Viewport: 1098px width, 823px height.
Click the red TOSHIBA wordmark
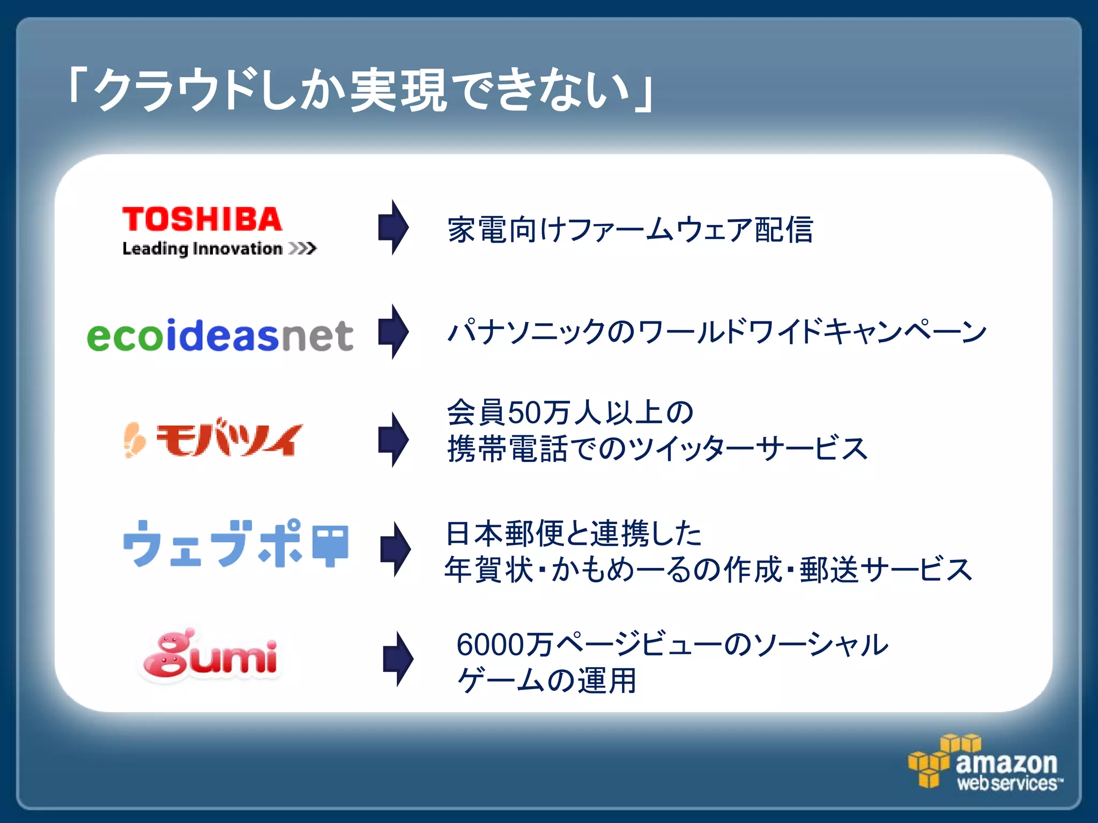click(x=202, y=220)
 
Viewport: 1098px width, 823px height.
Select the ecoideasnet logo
click(x=220, y=335)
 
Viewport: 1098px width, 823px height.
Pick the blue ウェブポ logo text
click(x=213, y=543)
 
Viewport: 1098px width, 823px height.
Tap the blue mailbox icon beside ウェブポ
click(x=330, y=544)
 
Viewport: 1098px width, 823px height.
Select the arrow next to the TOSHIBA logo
click(x=394, y=227)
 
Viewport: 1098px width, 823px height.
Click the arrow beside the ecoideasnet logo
click(x=394, y=332)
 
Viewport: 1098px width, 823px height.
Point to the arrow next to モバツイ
click(x=394, y=439)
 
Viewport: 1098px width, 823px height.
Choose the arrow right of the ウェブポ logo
click(x=396, y=549)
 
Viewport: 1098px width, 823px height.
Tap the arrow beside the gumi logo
click(x=398, y=659)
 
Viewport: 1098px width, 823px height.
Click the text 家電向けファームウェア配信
click(x=630, y=229)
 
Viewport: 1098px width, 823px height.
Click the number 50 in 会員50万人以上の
click(x=523, y=413)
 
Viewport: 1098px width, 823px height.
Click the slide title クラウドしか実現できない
click(x=360, y=89)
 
